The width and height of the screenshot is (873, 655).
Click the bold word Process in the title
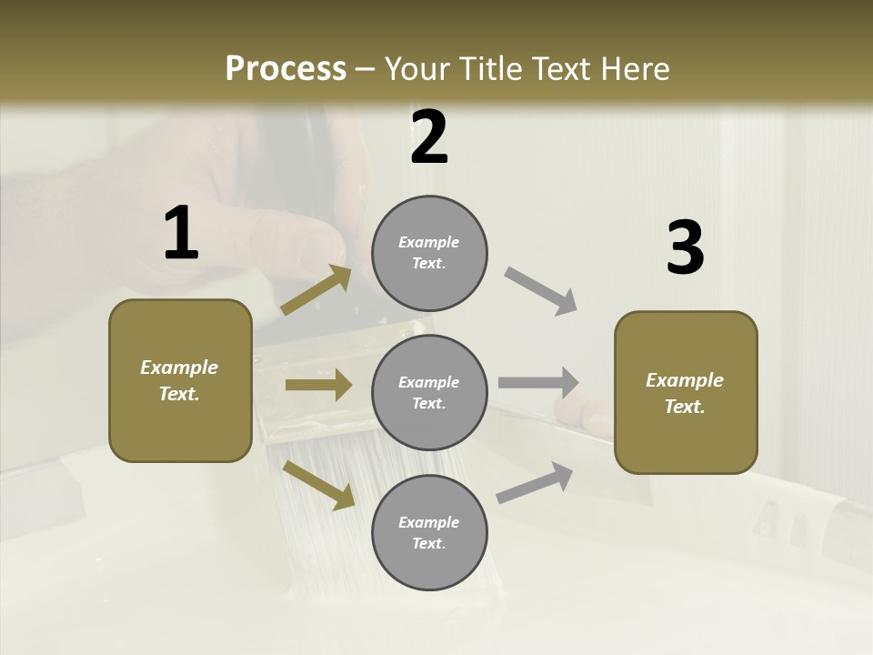[x=286, y=68]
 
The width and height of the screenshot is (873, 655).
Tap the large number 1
[x=181, y=233]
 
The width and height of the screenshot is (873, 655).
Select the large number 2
[x=429, y=137]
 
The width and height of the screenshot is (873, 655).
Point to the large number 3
[x=685, y=247]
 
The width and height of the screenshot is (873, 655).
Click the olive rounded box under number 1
[x=180, y=380]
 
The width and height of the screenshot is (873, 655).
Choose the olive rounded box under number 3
[x=686, y=393]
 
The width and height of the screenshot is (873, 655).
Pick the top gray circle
[x=429, y=253]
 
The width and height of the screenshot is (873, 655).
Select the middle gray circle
[x=429, y=392]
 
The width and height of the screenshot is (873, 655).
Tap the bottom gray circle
[x=429, y=532]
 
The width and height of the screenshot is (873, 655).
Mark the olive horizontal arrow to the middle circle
[x=318, y=385]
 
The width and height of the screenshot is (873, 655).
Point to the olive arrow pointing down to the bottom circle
[x=318, y=485]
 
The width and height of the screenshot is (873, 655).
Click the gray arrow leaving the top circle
[x=541, y=291]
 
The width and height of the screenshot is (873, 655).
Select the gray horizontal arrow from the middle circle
[x=538, y=382]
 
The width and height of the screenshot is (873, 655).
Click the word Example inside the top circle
[x=429, y=242]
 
